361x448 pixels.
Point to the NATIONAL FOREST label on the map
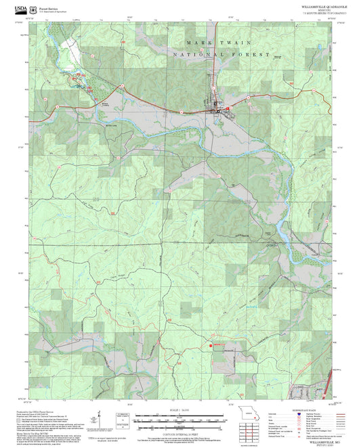coord(221,54)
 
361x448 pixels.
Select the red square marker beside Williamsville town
coord(228,108)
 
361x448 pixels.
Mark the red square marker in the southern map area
coord(211,346)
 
